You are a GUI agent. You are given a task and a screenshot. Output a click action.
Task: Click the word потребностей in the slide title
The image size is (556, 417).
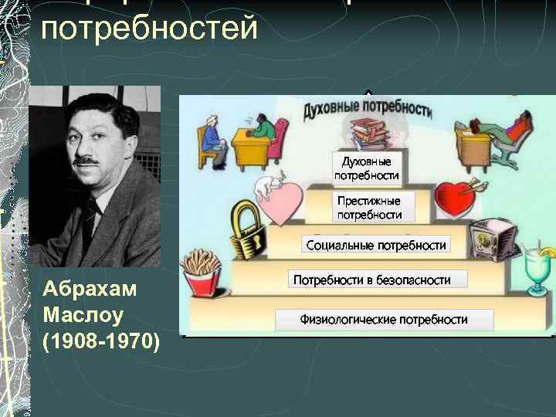click(x=148, y=29)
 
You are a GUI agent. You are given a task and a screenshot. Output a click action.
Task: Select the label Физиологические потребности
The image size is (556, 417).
click(x=384, y=319)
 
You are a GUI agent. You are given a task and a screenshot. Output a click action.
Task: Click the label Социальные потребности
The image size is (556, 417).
click(x=376, y=246)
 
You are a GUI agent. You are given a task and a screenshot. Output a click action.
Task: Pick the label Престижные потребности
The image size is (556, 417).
click(x=370, y=207)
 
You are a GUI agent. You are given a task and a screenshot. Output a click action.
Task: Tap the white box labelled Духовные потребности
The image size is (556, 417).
click(x=368, y=168)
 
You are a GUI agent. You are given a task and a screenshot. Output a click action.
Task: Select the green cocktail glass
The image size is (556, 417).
click(x=534, y=272)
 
